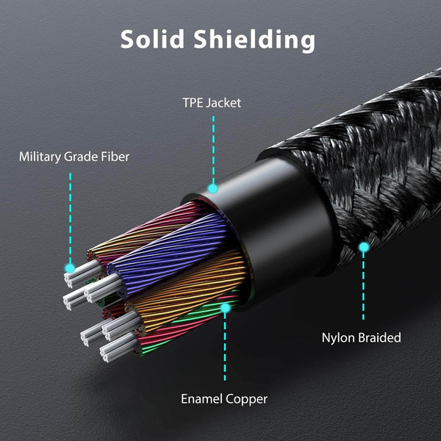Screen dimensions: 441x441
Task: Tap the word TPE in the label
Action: [194, 101]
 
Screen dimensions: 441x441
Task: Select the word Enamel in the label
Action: [202, 399]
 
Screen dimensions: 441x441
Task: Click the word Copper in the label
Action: [246, 399]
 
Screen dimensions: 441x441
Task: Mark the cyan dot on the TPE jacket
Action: [212, 188]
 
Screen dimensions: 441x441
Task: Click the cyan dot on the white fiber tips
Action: [71, 269]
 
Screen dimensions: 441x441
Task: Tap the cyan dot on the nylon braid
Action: [363, 248]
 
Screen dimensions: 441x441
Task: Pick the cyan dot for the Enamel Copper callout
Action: [226, 309]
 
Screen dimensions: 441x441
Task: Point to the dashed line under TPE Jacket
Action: [212, 147]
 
